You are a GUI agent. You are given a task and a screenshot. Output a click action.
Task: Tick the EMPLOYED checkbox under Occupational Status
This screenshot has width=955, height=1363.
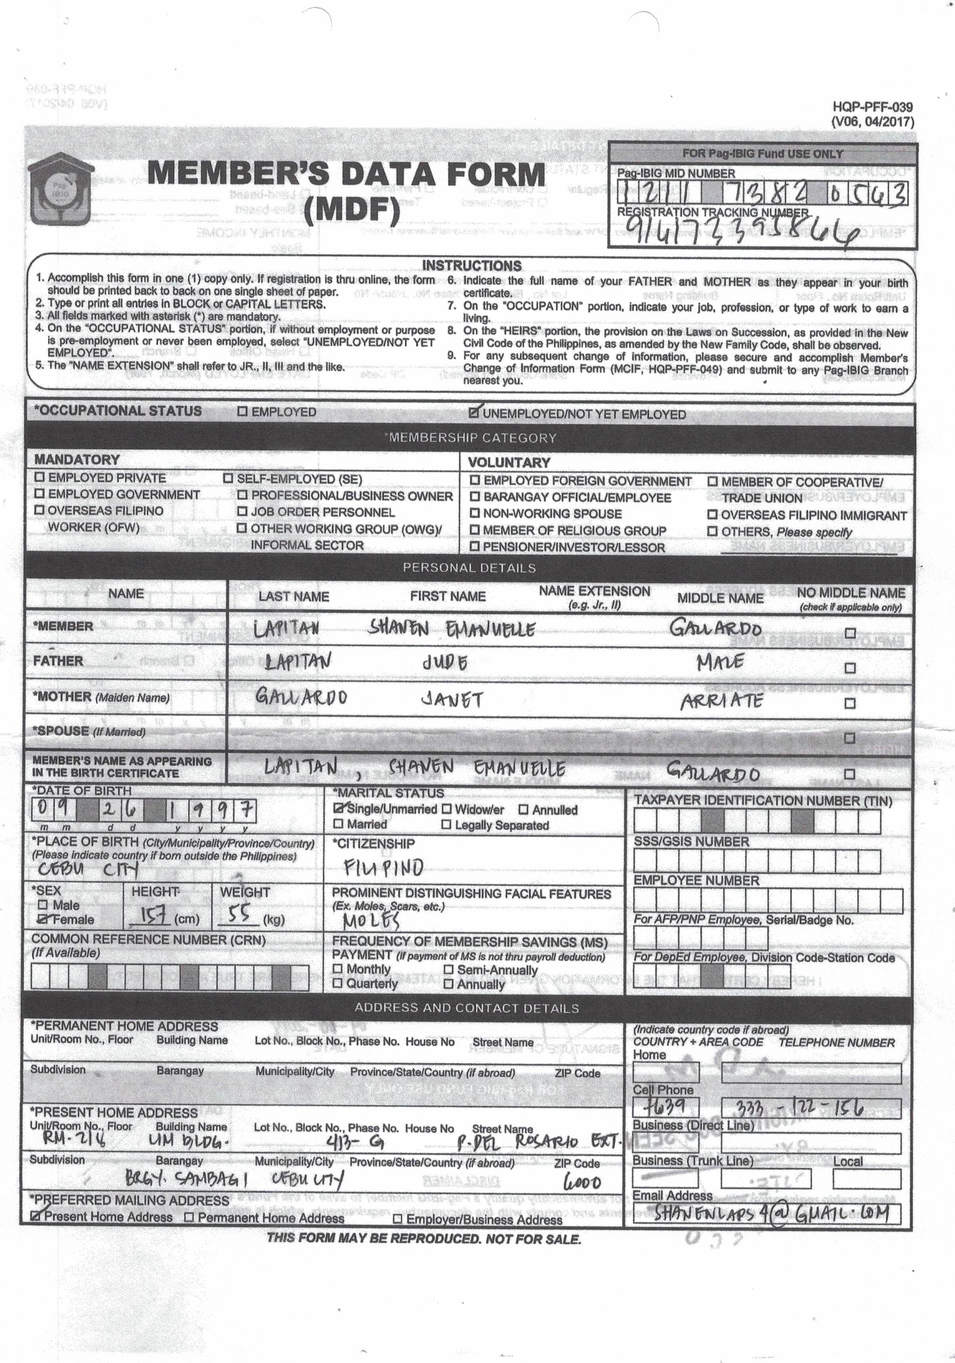(242, 411)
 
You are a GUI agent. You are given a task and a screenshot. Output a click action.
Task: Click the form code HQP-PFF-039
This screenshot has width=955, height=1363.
(873, 107)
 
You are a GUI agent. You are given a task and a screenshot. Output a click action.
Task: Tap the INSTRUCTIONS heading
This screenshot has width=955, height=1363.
(471, 265)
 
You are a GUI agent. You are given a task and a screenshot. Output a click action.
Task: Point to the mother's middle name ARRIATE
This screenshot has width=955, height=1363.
(721, 701)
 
